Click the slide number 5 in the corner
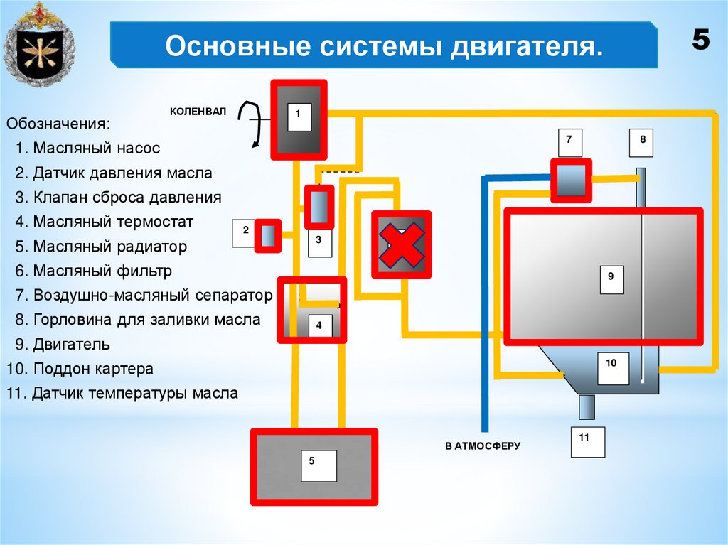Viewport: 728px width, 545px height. click(701, 41)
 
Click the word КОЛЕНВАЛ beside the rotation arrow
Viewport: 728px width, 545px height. click(197, 112)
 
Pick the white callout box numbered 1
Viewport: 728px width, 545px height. click(299, 116)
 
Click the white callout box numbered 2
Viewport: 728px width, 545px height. click(245, 233)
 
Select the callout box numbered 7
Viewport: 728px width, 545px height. click(569, 143)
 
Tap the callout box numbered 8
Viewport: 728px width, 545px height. click(643, 143)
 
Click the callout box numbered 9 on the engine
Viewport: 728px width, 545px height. click(611, 279)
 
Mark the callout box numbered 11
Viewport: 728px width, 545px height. click(587, 441)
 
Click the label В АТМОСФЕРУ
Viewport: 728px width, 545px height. click(483, 446)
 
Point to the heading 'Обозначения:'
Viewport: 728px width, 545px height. click(58, 124)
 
